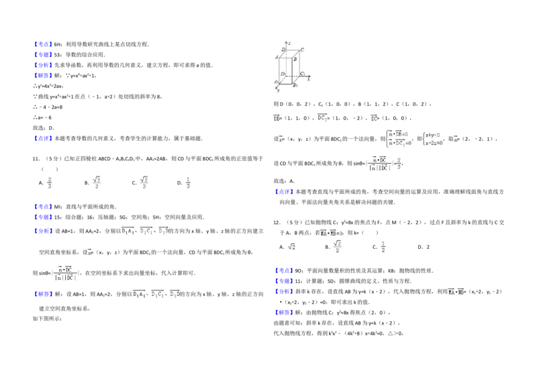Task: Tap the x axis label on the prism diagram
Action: (x=308, y=78)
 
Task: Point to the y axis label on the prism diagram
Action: (x=278, y=91)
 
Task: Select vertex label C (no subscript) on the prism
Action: (x=303, y=50)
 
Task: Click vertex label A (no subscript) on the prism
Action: (x=277, y=58)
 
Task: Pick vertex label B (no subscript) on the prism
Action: (x=295, y=60)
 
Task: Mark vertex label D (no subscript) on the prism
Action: (x=283, y=50)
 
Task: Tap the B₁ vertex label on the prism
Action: (x=295, y=86)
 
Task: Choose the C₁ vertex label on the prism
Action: (x=303, y=73)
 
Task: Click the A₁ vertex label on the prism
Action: (x=276, y=82)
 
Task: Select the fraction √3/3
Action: (x=97, y=182)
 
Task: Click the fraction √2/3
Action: (x=145, y=182)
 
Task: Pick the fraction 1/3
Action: (x=188, y=182)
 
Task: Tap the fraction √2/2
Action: (x=338, y=247)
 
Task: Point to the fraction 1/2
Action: (x=381, y=247)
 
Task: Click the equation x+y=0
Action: (x=432, y=135)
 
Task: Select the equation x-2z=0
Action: (x=433, y=144)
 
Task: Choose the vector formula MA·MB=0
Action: (x=330, y=233)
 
